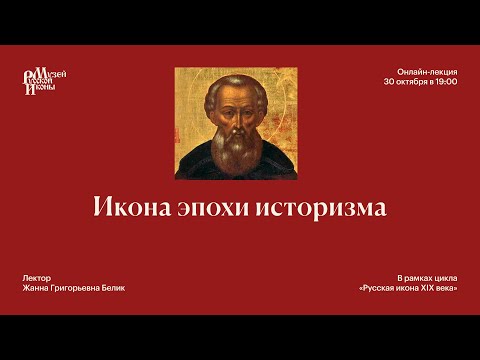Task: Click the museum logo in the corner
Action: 46,80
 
